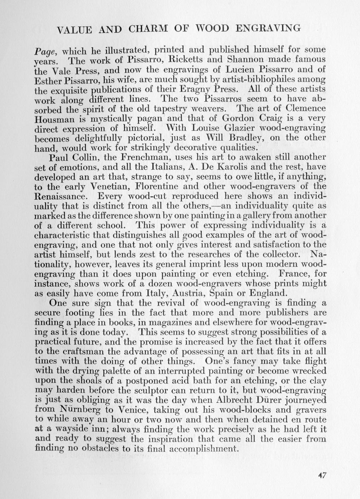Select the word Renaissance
click(62, 196)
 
